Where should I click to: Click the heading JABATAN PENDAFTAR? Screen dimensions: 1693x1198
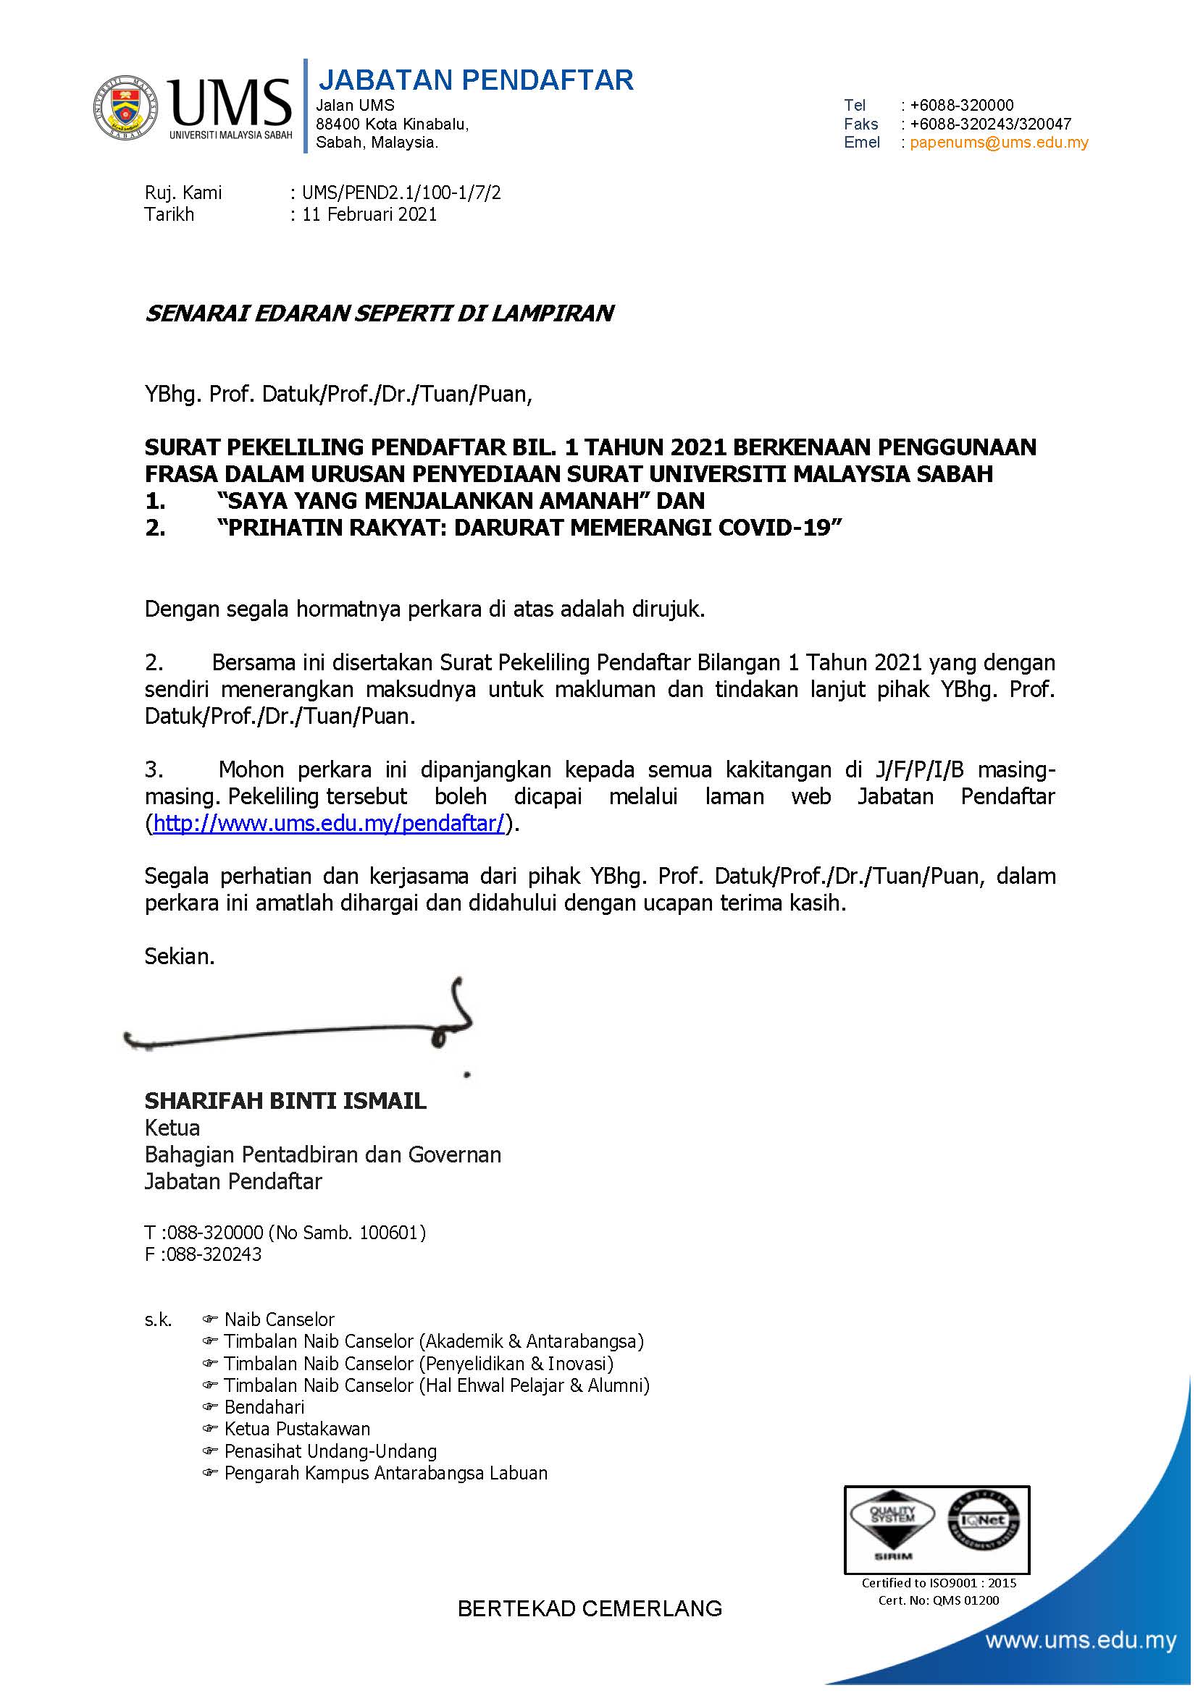pos(475,80)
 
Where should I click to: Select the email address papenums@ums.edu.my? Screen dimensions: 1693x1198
pos(999,143)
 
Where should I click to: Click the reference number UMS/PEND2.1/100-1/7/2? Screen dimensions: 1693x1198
pos(401,193)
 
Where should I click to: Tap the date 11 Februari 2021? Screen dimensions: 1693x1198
pos(369,214)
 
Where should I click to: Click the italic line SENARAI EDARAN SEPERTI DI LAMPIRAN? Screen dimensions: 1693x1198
pos(379,313)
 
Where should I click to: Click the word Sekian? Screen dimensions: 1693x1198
pos(179,957)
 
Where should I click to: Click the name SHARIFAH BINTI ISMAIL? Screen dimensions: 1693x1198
pos(285,1101)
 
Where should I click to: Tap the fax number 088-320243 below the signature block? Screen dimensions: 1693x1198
pos(214,1254)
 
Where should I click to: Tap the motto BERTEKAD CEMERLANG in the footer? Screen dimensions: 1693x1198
pos(590,1608)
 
